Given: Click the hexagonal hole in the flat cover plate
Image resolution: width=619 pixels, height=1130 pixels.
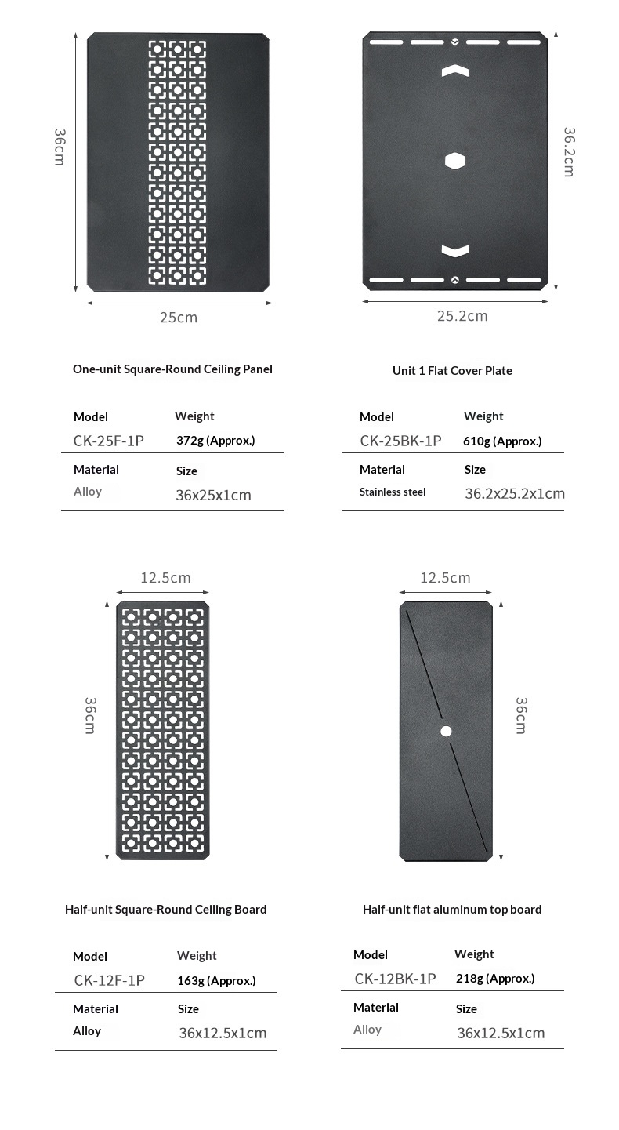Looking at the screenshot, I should click(455, 161).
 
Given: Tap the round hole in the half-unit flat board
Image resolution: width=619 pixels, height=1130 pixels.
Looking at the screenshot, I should click(446, 731).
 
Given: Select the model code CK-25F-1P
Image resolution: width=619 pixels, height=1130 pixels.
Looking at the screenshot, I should click(109, 441).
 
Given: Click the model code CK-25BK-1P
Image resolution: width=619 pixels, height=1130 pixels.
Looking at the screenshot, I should click(400, 441).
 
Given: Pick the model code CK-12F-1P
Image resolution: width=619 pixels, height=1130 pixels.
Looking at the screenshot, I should click(110, 980).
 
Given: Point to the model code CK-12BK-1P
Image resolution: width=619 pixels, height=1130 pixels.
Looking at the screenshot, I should click(395, 979).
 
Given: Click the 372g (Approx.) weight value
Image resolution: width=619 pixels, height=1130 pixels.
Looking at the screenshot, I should click(215, 441).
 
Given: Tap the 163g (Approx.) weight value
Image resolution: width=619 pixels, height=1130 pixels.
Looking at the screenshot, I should click(216, 980).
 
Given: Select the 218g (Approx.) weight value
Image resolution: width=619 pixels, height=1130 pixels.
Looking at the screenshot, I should click(495, 979).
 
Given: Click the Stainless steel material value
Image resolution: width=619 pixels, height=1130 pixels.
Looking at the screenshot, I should click(393, 492).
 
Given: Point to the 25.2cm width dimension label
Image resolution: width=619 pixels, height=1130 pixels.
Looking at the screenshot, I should click(462, 316).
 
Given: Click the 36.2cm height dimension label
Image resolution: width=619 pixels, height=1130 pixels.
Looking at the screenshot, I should click(570, 152).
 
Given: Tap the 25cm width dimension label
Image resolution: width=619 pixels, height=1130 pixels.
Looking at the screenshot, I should click(179, 318).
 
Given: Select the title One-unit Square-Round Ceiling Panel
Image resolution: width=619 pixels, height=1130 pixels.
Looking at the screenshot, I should click(172, 369).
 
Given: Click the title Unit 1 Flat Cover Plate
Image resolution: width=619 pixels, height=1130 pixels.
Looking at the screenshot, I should click(452, 370).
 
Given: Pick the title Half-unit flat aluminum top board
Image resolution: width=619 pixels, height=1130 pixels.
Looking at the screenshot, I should click(452, 910).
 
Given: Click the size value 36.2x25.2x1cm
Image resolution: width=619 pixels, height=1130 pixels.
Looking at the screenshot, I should click(515, 494).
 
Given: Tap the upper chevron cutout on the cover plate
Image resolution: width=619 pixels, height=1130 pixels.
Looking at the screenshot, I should click(455, 71).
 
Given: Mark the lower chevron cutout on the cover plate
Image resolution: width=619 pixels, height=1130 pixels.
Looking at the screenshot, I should click(455, 251).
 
